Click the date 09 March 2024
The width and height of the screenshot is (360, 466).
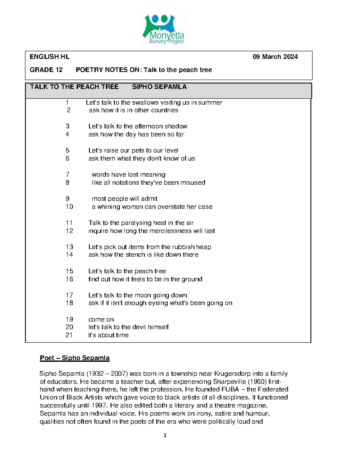click(x=275, y=57)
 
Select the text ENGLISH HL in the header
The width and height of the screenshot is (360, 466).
click(x=49, y=57)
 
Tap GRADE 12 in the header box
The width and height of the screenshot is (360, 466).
click(x=46, y=70)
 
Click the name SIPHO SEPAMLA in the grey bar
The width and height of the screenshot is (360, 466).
click(x=159, y=87)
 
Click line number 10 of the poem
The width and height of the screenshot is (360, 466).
click(x=69, y=207)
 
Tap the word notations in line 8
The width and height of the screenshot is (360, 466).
click(x=126, y=183)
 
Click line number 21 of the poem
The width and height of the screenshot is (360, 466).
click(x=69, y=335)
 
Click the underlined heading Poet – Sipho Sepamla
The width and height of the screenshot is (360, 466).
click(x=75, y=358)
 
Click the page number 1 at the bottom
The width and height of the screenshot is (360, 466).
click(x=165, y=435)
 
